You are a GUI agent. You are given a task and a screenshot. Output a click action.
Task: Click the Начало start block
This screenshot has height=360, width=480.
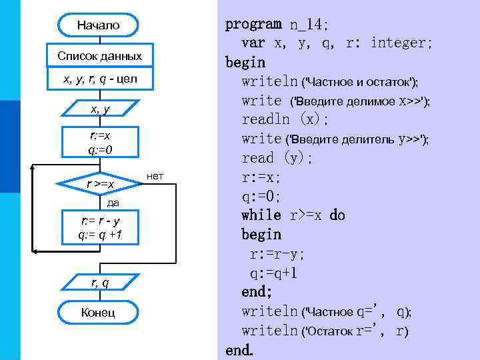coord(99,25)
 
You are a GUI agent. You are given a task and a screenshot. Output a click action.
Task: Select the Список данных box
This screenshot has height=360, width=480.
coord(99,55)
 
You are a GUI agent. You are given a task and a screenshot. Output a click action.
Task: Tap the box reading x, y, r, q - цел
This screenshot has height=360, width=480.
coord(99,79)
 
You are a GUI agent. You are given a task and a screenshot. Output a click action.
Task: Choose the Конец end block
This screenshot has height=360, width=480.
coord(99,312)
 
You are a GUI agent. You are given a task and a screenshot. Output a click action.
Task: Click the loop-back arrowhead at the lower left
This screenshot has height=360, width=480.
coord(37,251)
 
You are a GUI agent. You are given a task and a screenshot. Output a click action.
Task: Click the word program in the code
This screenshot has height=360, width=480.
coord(253,24)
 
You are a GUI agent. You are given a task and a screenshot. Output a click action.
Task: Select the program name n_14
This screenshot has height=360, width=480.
coord(307,25)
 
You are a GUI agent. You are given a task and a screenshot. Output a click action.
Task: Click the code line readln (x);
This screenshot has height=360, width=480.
coord(285,119)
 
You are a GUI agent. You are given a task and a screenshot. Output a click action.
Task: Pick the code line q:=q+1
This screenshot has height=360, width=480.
coord(273,273)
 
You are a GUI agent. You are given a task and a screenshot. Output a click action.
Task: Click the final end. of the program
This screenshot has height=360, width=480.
coord(239,350)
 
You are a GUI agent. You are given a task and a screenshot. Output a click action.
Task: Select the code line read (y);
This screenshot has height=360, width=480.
coord(277,158)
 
